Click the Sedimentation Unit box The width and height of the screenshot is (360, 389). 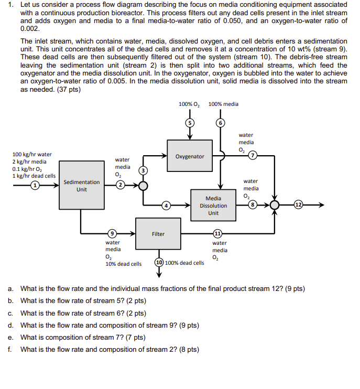click(81, 186)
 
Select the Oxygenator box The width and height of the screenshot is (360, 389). click(190, 156)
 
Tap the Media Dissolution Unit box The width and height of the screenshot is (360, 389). click(213, 206)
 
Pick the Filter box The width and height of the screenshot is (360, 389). click(158, 234)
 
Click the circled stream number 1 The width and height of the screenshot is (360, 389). click(36, 185)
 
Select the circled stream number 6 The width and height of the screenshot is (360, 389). click(221, 122)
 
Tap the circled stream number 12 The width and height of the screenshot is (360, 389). click(298, 204)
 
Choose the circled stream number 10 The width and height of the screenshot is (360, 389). click(159, 262)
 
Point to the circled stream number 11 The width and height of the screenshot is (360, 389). click(217, 234)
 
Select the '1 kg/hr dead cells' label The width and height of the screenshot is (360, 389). click(34, 176)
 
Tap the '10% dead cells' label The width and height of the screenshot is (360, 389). click(123, 264)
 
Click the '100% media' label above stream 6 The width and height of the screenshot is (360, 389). click(223, 104)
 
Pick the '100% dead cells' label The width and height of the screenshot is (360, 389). click(184, 263)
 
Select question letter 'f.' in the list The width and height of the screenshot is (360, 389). click(10, 349)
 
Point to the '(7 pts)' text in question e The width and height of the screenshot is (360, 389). click(135, 337)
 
